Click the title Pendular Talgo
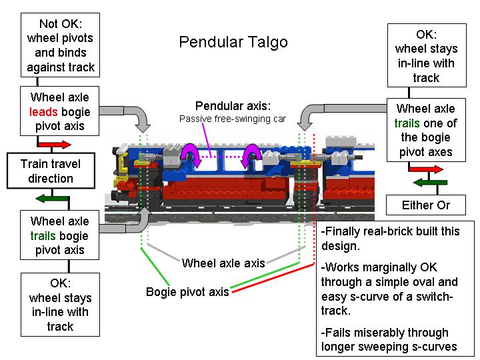pyautogui.click(x=233, y=42)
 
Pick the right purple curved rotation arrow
pyautogui.click(x=252, y=159)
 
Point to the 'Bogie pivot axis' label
pyautogui.click(x=187, y=292)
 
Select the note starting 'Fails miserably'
pyautogui.click(x=385, y=339)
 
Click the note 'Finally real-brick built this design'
pyautogui.click(x=390, y=239)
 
